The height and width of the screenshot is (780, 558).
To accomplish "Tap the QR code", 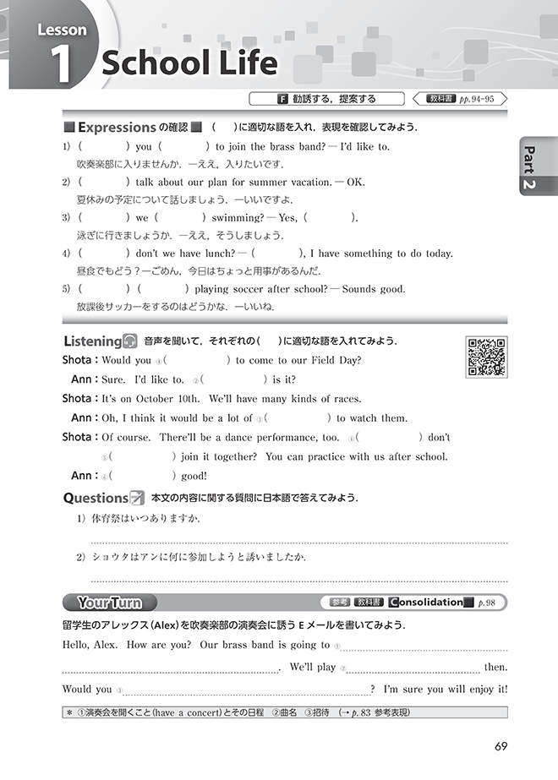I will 486,357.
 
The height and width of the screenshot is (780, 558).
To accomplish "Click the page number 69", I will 500,746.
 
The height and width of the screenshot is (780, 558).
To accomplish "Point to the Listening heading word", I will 92,341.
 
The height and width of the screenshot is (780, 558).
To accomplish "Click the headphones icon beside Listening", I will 130,341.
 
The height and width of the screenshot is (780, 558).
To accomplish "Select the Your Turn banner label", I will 108,603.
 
